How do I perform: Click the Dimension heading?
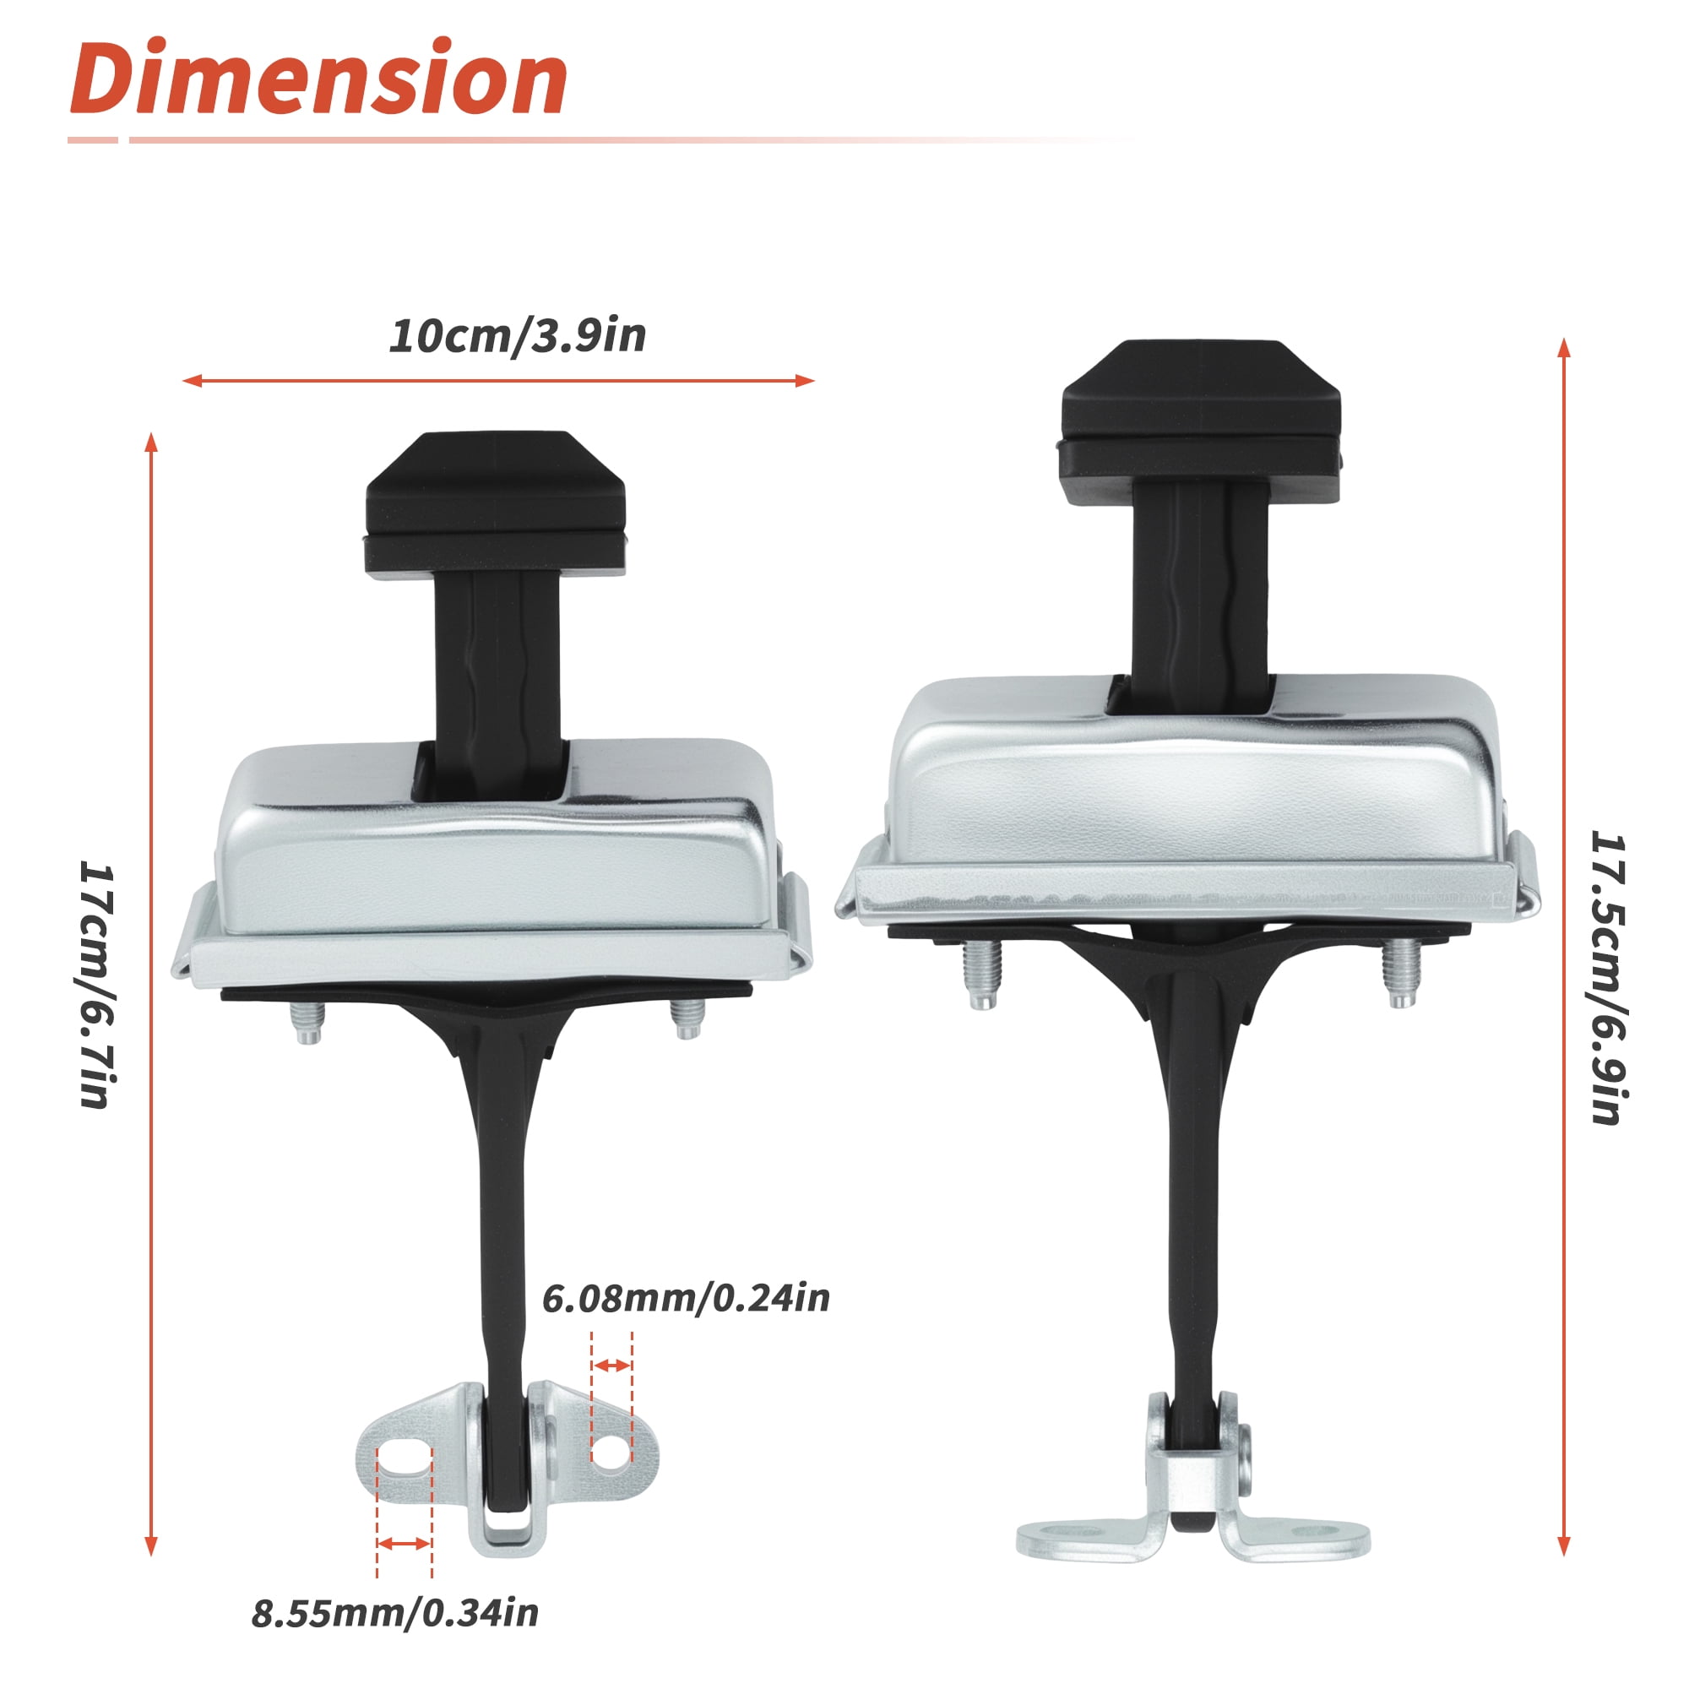(319, 78)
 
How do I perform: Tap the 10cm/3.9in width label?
(518, 337)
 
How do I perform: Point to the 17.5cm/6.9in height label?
(1607, 976)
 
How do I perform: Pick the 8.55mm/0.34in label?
(395, 1613)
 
